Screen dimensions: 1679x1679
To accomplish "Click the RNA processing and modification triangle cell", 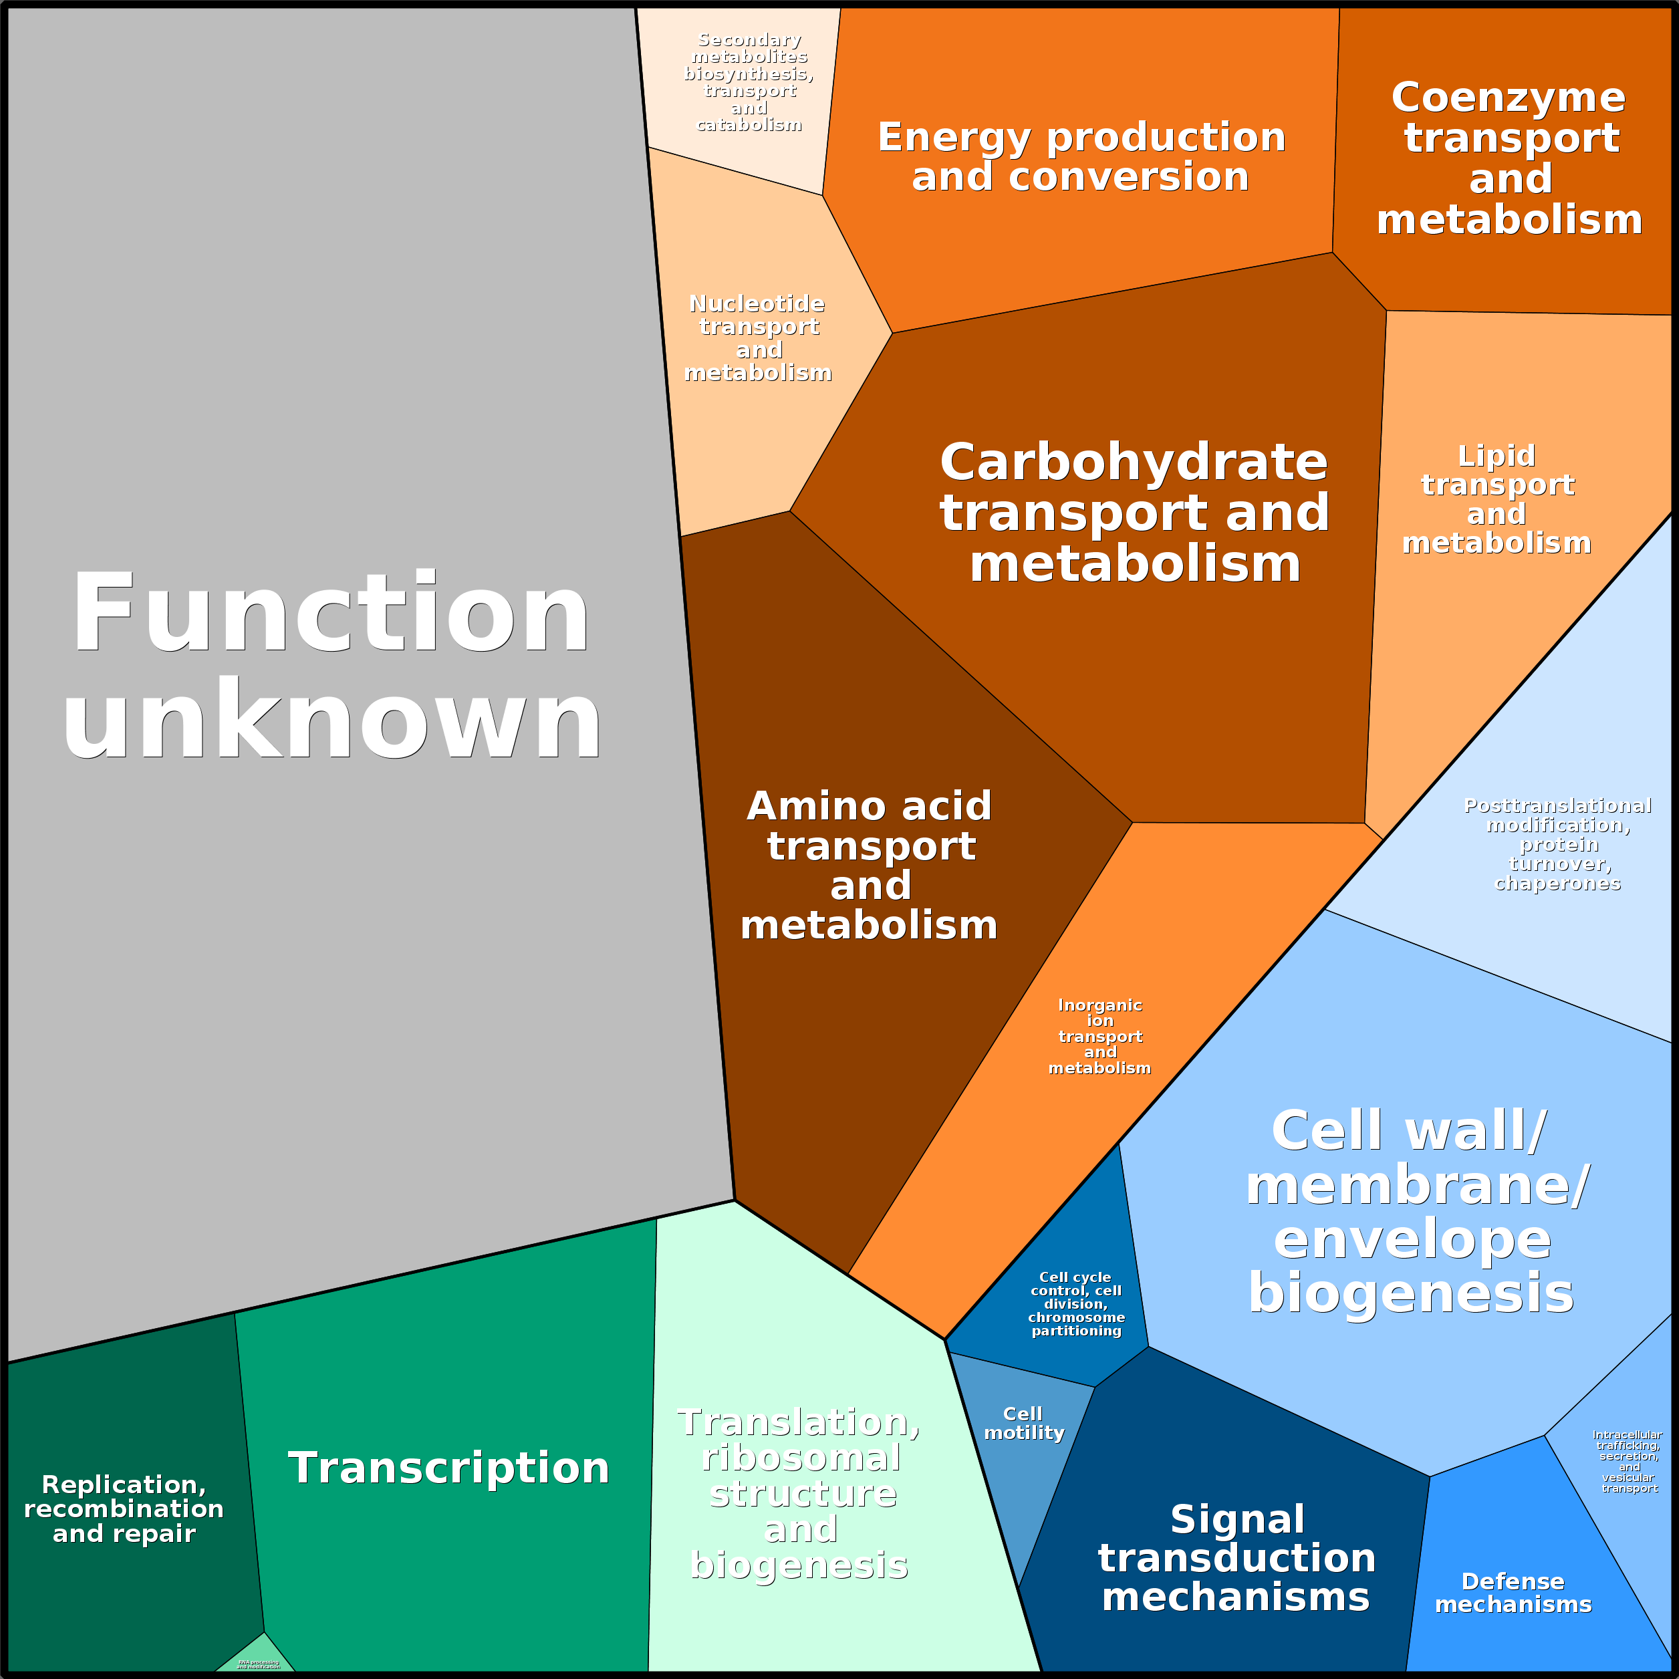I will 258,1661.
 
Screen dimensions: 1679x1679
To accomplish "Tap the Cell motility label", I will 1024,1424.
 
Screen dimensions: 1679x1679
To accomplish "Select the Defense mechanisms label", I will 1513,1593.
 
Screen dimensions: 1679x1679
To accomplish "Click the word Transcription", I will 448,1468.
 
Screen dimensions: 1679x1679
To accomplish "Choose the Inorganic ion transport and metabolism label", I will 1100,1036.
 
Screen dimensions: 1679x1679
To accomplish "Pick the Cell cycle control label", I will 1076,1303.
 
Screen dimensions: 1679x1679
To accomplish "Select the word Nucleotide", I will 756,303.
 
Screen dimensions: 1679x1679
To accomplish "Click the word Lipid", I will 1497,455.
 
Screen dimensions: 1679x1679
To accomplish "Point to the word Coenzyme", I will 1508,98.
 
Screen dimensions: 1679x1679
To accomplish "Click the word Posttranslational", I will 1557,805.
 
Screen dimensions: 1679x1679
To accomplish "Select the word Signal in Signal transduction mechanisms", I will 1237,1520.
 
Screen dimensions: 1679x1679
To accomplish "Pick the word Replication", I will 124,1484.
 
